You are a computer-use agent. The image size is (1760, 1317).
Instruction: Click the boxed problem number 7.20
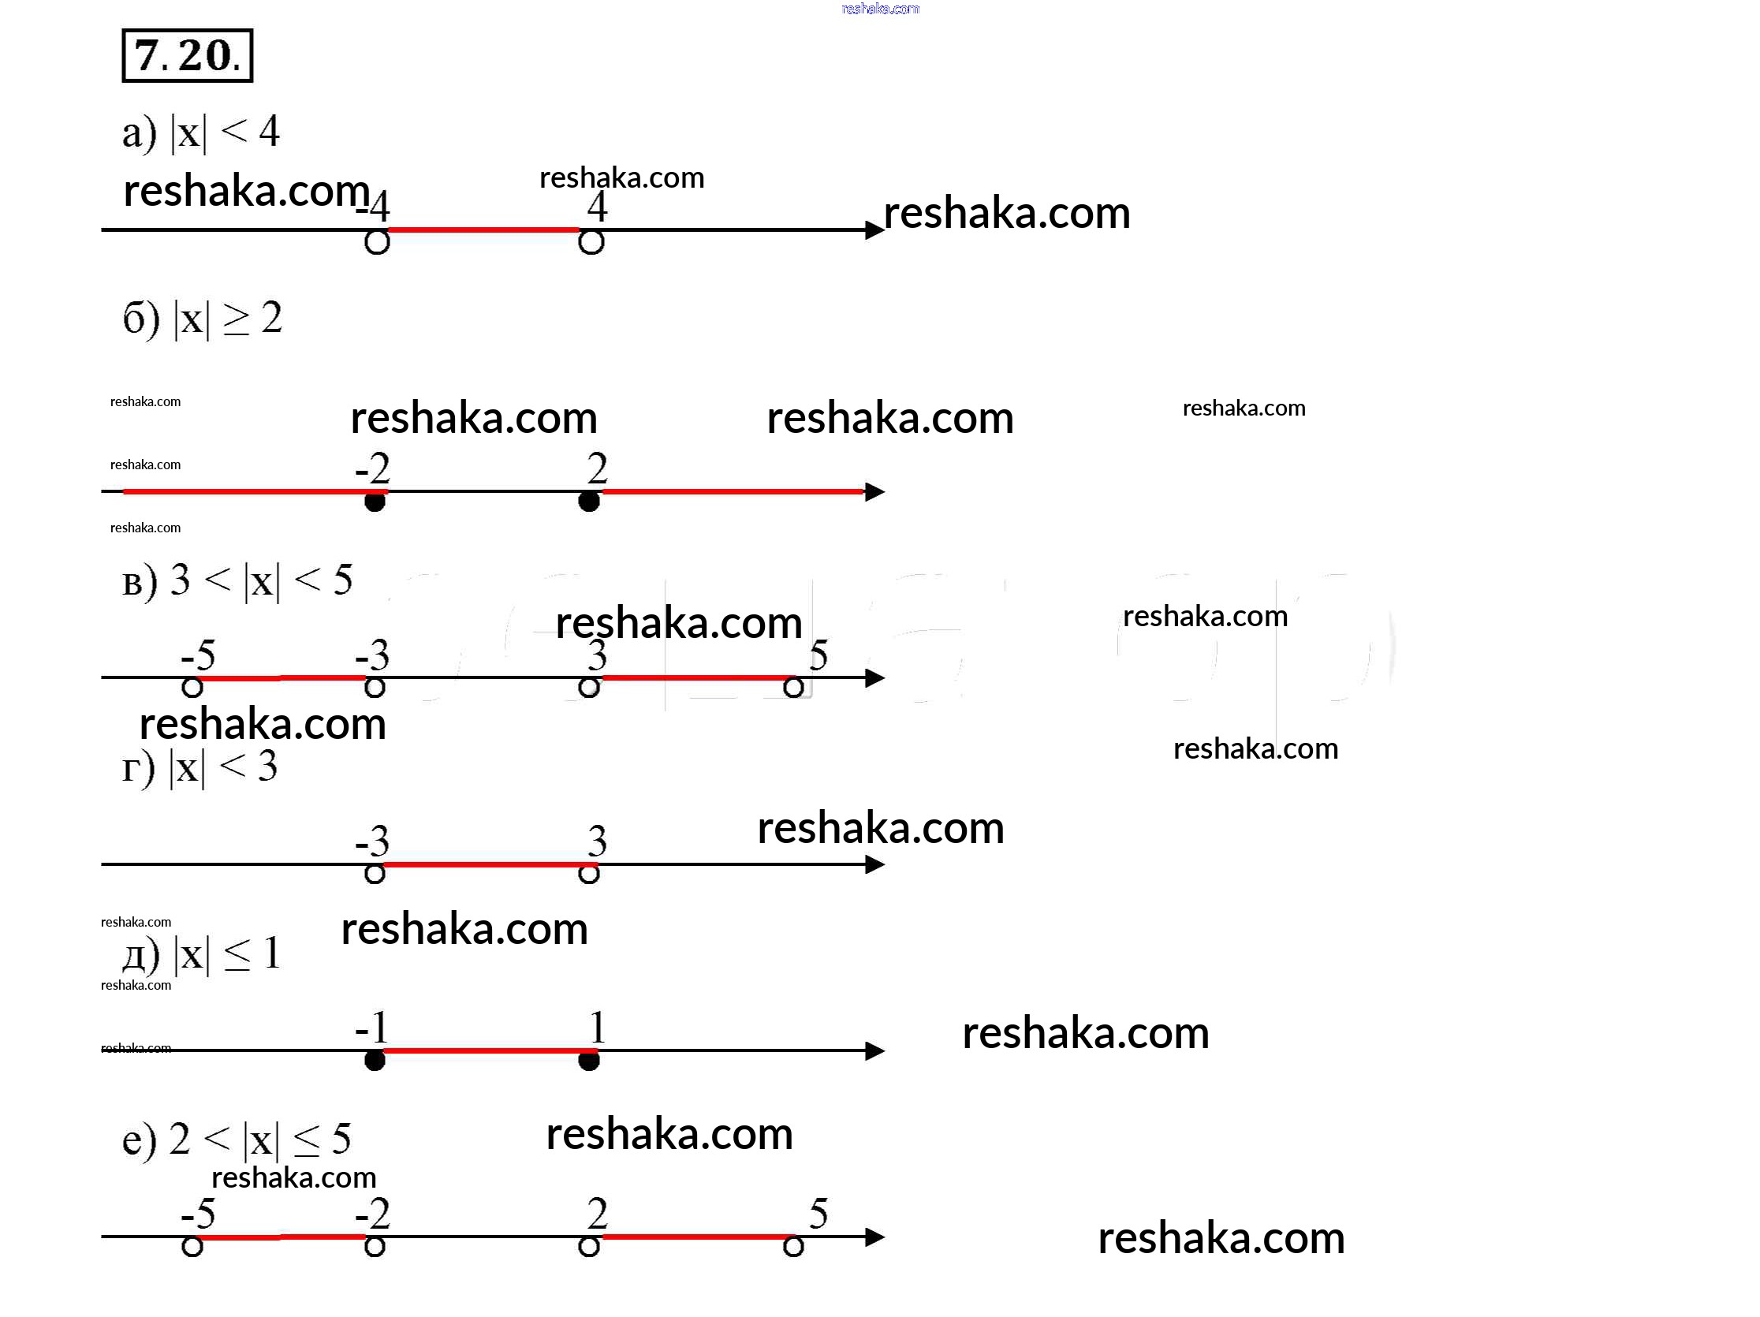click(187, 56)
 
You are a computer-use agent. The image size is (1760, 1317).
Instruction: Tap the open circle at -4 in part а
click(377, 241)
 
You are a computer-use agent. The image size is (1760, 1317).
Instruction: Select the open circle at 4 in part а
click(591, 241)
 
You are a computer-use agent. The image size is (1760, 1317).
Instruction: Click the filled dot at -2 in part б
click(375, 502)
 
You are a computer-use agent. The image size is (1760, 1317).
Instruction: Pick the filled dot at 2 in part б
click(589, 502)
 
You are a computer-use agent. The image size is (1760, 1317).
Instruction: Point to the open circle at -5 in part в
click(192, 687)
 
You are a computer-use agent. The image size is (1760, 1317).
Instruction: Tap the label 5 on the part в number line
click(818, 655)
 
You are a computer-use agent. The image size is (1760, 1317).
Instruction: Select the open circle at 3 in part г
click(589, 874)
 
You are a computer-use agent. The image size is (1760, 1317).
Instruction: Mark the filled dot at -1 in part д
click(375, 1061)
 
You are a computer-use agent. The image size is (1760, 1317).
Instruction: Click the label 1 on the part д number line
click(598, 1028)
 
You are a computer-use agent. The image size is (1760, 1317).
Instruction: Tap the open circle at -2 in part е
click(375, 1246)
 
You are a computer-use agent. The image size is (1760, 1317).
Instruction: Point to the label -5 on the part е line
click(198, 1214)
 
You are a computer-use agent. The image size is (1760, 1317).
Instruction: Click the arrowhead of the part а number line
click(874, 230)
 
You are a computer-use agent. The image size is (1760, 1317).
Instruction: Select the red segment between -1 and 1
click(482, 1050)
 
